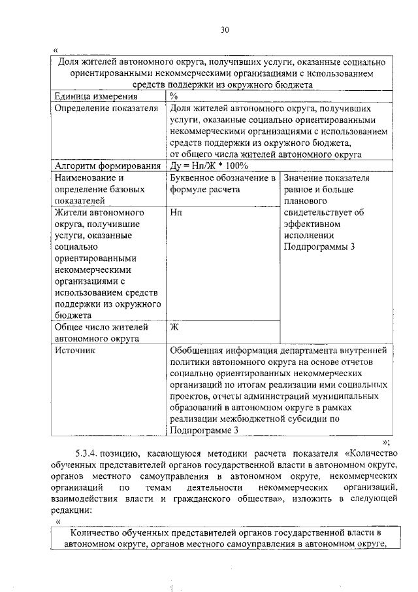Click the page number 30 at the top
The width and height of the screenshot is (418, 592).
click(x=225, y=29)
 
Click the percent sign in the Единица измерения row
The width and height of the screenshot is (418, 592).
click(x=173, y=97)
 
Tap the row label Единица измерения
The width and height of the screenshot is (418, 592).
click(x=91, y=97)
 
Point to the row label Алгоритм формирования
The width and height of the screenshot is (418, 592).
click(x=108, y=166)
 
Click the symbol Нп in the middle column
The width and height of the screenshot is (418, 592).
click(x=175, y=213)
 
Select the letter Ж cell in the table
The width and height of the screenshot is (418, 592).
click(x=174, y=326)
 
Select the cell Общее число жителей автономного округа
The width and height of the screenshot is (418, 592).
click(x=101, y=332)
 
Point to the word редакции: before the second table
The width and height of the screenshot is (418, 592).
click(x=73, y=510)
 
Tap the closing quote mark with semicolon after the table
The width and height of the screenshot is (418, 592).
click(x=386, y=442)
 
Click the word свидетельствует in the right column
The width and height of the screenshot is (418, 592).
click(x=319, y=213)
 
